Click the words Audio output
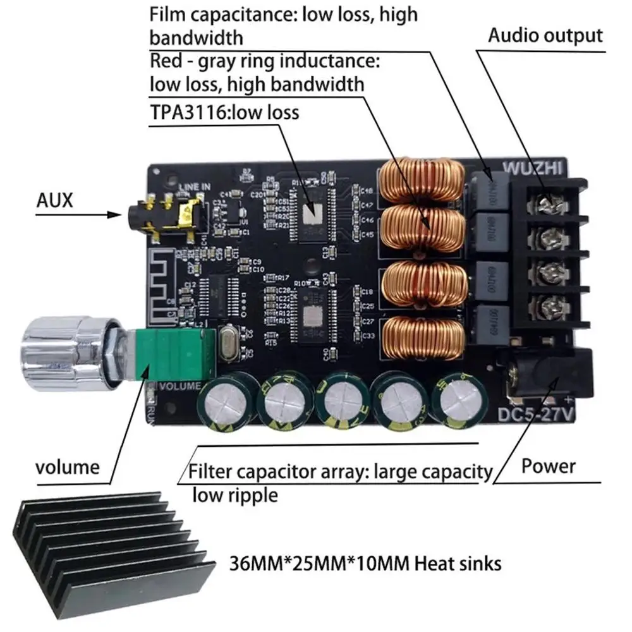(x=545, y=35)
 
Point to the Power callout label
(x=548, y=466)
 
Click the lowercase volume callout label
(x=67, y=468)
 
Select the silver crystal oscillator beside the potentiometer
(x=228, y=347)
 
